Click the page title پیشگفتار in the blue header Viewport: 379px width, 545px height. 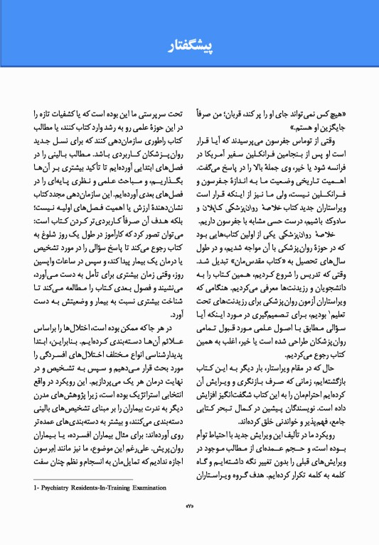[189, 47]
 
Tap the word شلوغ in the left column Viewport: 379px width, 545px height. [50, 229]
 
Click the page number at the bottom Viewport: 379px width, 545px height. [189, 524]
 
